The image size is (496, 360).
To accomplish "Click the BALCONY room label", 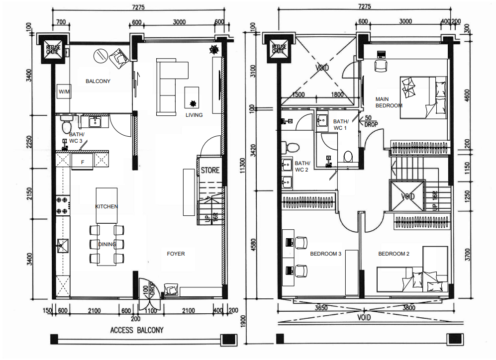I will click(x=98, y=81).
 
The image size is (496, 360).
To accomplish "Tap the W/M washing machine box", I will click(x=64, y=92).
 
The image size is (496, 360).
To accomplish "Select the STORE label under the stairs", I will click(x=210, y=170).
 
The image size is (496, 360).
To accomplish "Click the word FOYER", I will click(x=176, y=254).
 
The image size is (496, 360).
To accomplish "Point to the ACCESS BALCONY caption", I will click(x=136, y=330).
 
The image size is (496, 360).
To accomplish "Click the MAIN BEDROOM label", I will click(x=389, y=102).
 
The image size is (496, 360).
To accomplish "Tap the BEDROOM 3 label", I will click(x=325, y=254).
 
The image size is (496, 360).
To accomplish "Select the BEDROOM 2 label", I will click(x=394, y=254).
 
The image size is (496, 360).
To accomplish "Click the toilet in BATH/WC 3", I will click(x=66, y=126).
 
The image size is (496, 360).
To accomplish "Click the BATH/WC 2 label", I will click(x=302, y=166).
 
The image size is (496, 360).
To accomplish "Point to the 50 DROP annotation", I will click(x=371, y=121).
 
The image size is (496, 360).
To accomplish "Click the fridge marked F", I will click(x=82, y=161).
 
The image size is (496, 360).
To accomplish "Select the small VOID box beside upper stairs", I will click(x=408, y=196).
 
